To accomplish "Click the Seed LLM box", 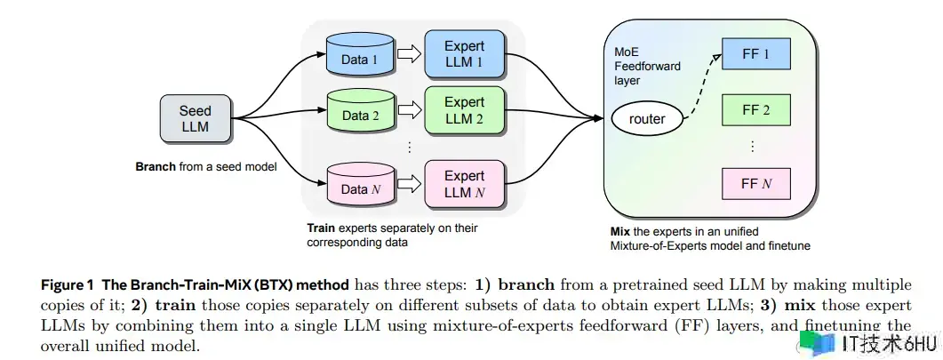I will pyautogui.click(x=195, y=119).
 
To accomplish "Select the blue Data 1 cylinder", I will pyautogui.click(x=361, y=57).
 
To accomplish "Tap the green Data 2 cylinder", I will pyautogui.click(x=360, y=114).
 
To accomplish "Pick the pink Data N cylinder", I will pyautogui.click(x=360, y=186).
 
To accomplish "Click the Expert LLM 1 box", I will pyautogui.click(x=464, y=54).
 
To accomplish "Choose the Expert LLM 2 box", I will pyautogui.click(x=464, y=111).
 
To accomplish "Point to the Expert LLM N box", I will pyautogui.click(x=464, y=184).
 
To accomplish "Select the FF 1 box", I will pyautogui.click(x=756, y=55).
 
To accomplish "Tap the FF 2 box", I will pyautogui.click(x=756, y=111).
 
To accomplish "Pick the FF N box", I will pyautogui.click(x=756, y=184).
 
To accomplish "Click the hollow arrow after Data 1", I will pyautogui.click(x=409, y=56).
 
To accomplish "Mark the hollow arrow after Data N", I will pyautogui.click(x=409, y=185).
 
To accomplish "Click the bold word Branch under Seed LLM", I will pyautogui.click(x=156, y=166).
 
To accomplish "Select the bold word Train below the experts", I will pyautogui.click(x=321, y=228).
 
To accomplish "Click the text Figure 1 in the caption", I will pyautogui.click(x=68, y=285).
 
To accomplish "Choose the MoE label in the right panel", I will pyautogui.click(x=627, y=48).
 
